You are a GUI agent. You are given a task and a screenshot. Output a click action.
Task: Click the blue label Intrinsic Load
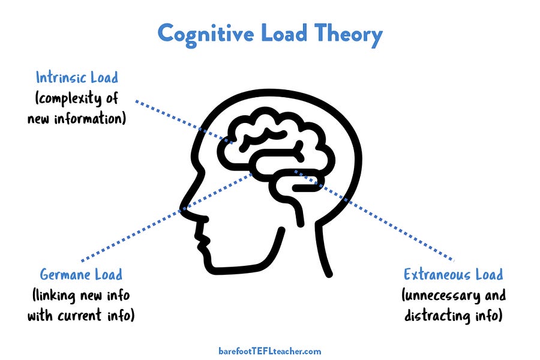pos(77,77)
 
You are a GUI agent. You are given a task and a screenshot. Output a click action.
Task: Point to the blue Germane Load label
pos(81,275)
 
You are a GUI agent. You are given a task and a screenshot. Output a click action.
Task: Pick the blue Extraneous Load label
pos(453,275)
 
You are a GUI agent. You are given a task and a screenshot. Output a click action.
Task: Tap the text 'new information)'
pos(77,118)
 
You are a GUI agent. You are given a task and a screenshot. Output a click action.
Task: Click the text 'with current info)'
pos(81,316)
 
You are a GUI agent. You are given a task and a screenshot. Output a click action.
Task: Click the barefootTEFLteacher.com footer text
pos(270,351)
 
